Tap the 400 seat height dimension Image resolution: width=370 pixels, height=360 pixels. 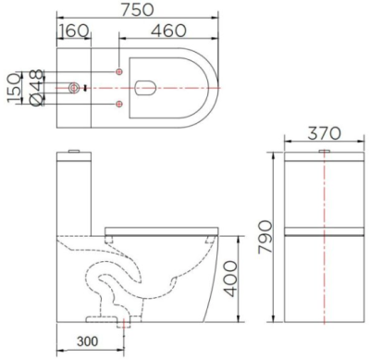click(238, 277)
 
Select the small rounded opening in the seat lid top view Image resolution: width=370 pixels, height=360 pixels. click(144, 88)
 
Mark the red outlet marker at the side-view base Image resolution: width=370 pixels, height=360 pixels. click(122, 323)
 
